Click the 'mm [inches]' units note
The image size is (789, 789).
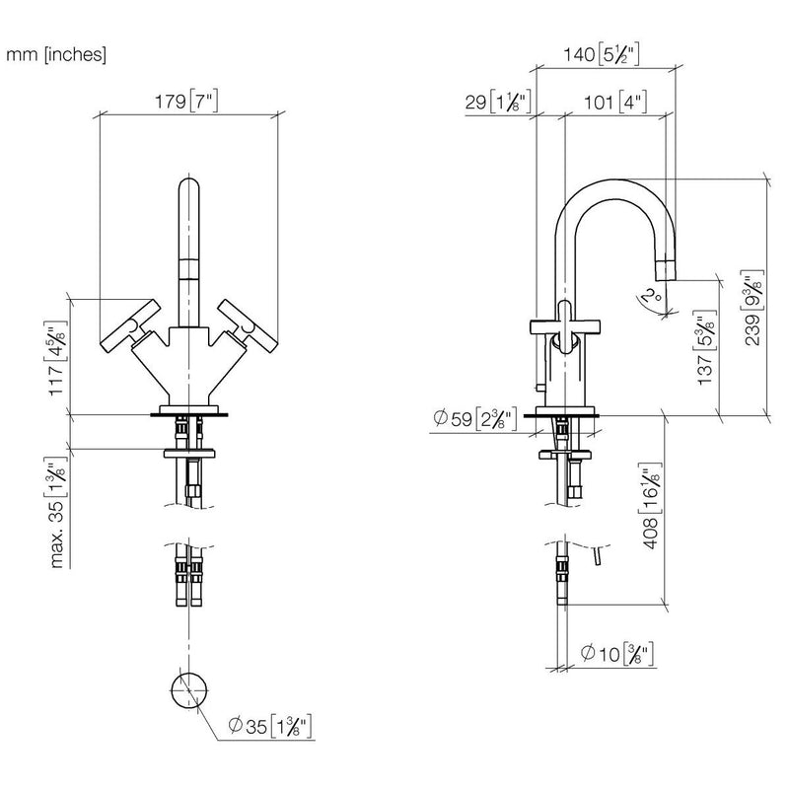(56, 54)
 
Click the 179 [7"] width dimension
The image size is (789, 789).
(186, 102)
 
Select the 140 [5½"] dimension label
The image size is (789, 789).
(601, 54)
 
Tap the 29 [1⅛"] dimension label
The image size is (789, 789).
(498, 103)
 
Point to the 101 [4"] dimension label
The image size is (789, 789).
(615, 103)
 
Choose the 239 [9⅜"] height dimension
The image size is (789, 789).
(753, 308)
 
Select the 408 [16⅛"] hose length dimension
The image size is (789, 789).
(650, 505)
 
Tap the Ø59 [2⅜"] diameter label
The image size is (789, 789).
(474, 418)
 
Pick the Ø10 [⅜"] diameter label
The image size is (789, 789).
(617, 654)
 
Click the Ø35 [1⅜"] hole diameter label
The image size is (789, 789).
(269, 726)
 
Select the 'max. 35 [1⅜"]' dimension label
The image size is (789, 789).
(57, 512)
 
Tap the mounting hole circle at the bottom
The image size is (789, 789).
(189, 689)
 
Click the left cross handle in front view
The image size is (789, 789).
(131, 326)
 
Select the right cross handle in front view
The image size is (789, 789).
(248, 326)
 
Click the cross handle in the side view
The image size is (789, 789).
(565, 327)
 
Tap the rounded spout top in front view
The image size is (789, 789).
(189, 187)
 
